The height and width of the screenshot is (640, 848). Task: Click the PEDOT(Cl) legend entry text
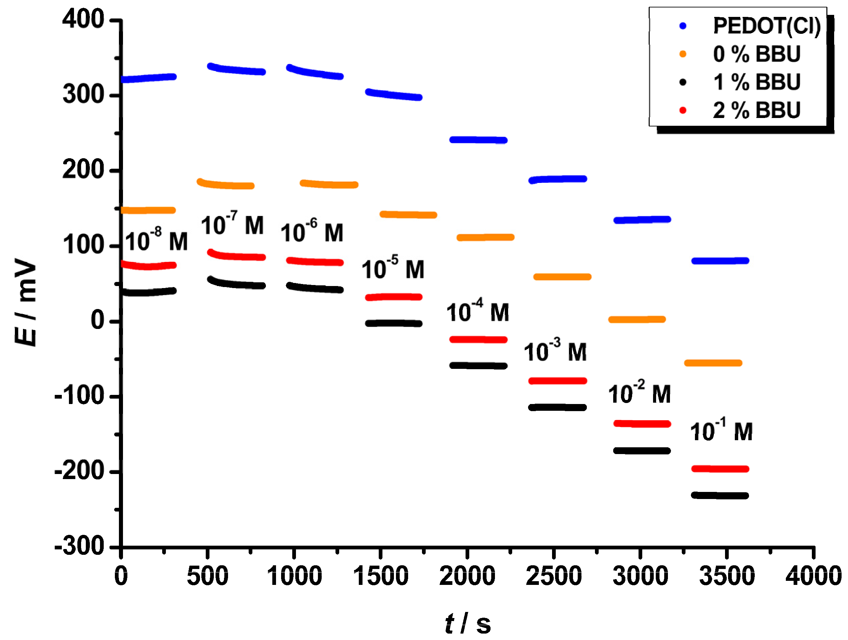point(766,26)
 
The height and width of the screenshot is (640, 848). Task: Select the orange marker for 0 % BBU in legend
point(683,54)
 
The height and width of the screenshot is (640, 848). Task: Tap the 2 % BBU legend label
point(756,111)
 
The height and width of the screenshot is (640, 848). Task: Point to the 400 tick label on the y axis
point(83,19)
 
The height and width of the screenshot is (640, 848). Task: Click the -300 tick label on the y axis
point(79,546)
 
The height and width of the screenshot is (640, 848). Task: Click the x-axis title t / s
point(467,623)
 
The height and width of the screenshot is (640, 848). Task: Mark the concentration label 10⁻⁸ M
point(156,241)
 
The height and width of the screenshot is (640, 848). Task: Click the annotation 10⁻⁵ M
point(393,268)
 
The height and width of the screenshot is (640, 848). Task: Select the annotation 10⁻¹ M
point(721,430)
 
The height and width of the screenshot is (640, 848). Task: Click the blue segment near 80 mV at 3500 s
point(720,261)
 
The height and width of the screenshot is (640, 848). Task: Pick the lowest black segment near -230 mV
point(720,495)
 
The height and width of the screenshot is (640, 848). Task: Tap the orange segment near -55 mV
point(713,363)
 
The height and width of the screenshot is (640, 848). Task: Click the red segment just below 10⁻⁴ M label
point(478,339)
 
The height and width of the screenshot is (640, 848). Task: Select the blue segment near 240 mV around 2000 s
point(478,140)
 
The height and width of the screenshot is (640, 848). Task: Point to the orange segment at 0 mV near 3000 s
point(637,319)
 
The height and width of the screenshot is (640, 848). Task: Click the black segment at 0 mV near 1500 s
point(393,324)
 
